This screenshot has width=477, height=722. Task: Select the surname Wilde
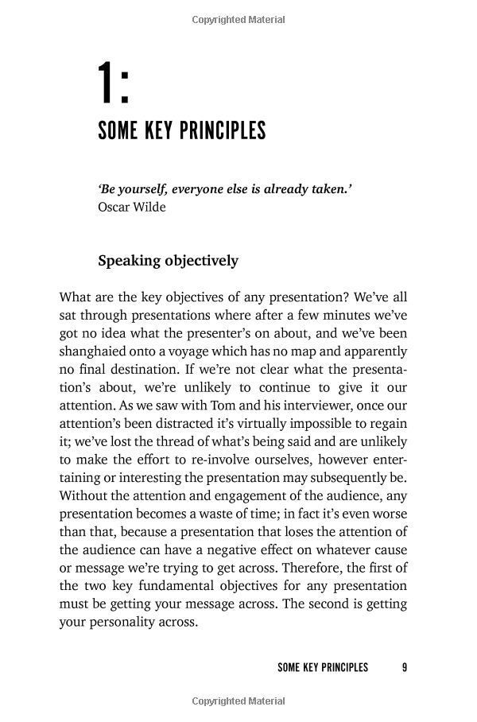click(152, 208)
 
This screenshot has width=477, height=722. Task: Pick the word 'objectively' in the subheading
click(200, 261)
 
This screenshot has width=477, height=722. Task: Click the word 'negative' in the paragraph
click(225, 550)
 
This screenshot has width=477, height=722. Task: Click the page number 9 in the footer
click(405, 667)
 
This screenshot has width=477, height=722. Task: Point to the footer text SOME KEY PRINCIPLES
click(323, 667)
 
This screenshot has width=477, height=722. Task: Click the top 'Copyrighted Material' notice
click(238, 20)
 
